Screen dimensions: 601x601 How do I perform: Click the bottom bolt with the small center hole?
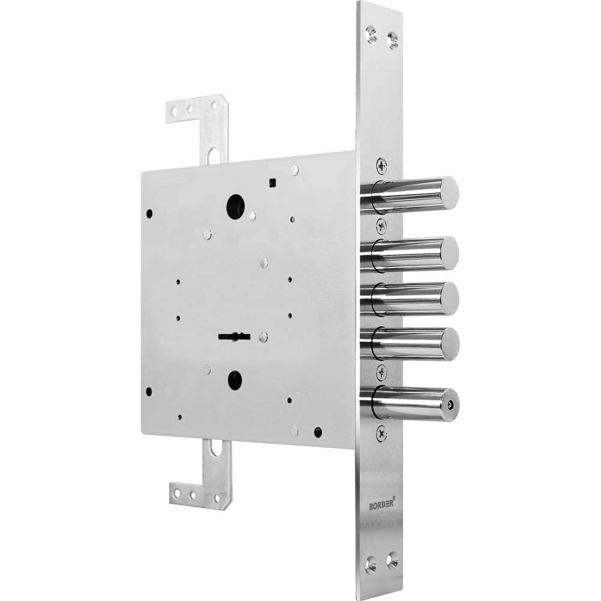click(415, 403)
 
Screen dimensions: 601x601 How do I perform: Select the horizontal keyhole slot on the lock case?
click(234, 337)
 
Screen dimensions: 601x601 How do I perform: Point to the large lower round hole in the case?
click(236, 380)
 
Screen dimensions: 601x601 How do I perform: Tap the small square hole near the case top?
click(273, 183)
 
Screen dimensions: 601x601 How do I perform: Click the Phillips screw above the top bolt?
click(382, 165)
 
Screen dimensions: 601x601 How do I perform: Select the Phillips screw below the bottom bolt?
click(382, 433)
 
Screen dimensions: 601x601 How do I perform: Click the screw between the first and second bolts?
click(382, 225)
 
